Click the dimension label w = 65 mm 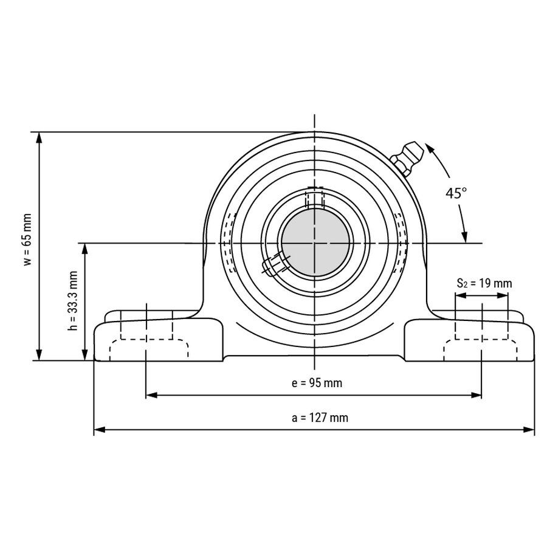[27, 239]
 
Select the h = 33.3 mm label [73, 301]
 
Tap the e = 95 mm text [317, 383]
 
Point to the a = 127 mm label [320, 418]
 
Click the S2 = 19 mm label [484, 283]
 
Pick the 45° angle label [456, 193]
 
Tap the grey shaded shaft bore [315, 243]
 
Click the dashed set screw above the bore [315, 198]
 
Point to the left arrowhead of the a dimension [100, 430]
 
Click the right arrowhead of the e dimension [476, 395]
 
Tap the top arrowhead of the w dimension [39, 138]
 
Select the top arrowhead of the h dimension [84, 249]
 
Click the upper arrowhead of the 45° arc [429, 148]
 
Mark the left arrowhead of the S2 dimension [461, 295]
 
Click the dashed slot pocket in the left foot [149, 349]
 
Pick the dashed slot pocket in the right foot [480, 349]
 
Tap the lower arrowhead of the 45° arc [464, 237]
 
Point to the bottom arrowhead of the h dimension [84, 355]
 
